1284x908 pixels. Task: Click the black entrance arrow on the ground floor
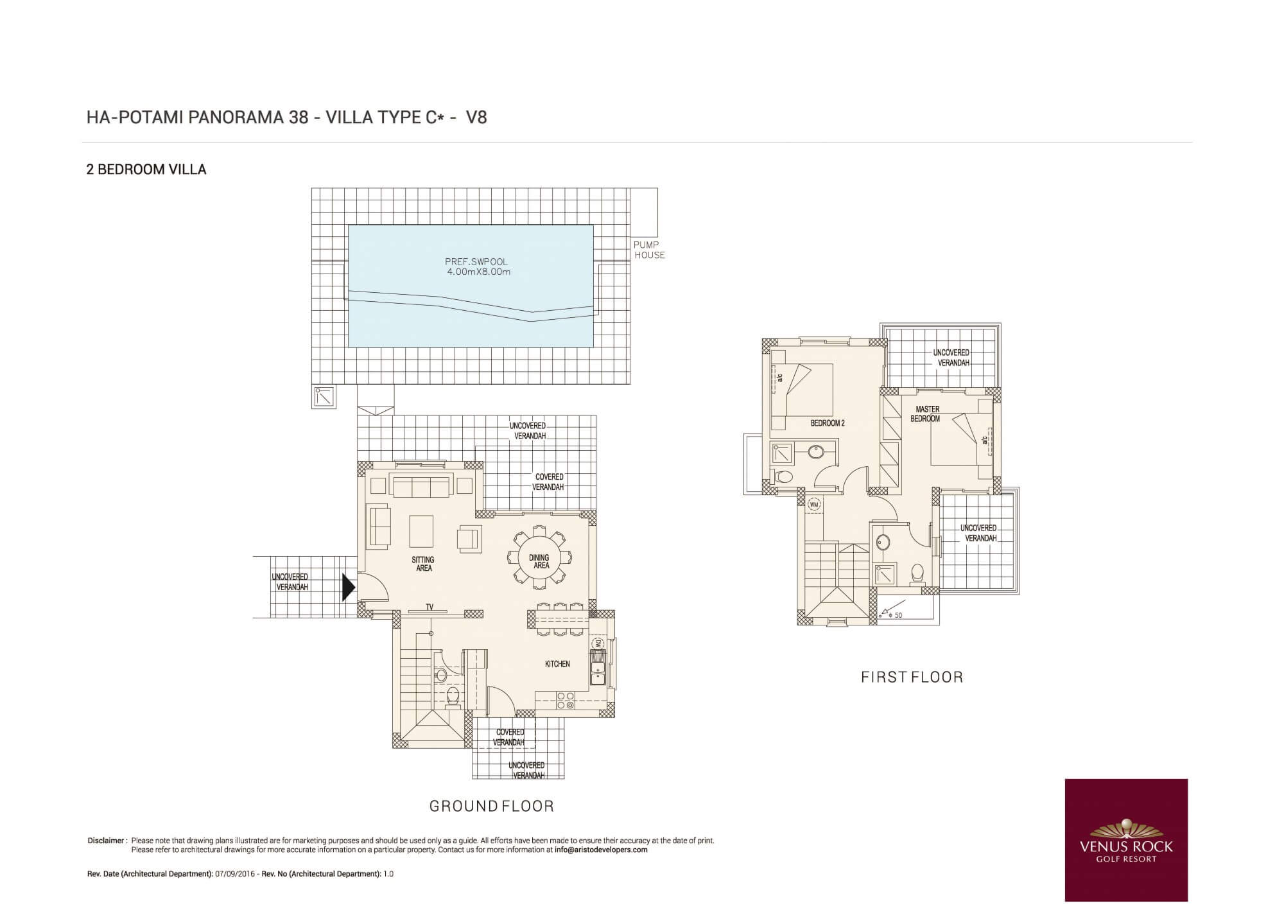[348, 587]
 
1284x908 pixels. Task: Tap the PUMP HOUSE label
[649, 250]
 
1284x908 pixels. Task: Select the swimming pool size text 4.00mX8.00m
[479, 272]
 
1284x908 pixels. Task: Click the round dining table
[539, 557]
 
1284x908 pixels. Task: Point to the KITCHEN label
[557, 664]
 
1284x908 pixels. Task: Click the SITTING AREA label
[424, 564]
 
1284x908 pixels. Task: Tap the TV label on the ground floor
[429, 607]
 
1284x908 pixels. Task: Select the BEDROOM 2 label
[828, 423]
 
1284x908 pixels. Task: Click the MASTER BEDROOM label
[926, 414]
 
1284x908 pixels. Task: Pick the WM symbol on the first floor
[814, 505]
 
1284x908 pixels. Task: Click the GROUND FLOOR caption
[491, 806]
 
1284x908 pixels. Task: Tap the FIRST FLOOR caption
[912, 677]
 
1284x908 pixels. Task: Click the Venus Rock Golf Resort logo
[1126, 840]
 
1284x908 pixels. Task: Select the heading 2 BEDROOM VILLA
[146, 170]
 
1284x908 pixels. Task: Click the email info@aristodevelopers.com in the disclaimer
[601, 850]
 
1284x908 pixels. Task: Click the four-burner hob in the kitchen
[566, 700]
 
